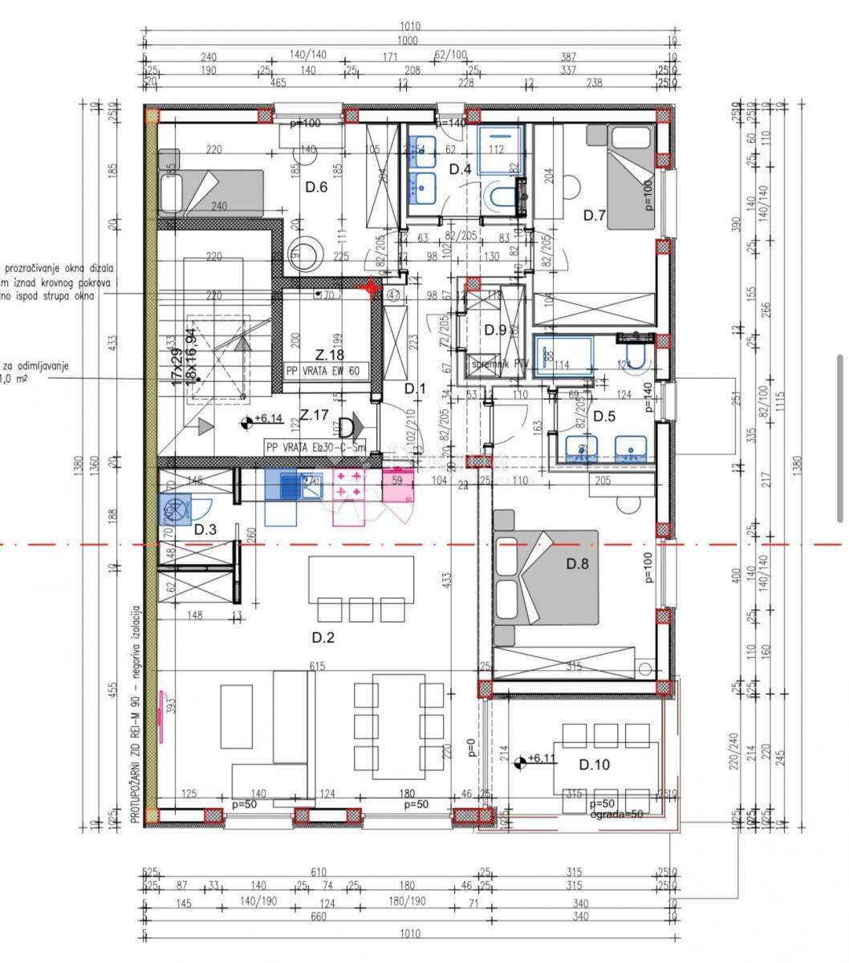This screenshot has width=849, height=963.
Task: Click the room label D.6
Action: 317,187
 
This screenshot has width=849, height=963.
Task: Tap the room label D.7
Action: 594,214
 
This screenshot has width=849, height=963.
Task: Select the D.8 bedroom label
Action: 578,563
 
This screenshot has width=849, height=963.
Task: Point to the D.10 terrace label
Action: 595,764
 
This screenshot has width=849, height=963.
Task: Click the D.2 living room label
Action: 323,638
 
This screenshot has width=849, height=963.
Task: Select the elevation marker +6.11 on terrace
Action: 537,758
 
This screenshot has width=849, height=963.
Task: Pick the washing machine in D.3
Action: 173,508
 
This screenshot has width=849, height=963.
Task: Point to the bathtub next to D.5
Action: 564,356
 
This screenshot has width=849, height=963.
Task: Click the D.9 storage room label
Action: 495,329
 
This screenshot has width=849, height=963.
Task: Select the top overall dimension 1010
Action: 408,26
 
